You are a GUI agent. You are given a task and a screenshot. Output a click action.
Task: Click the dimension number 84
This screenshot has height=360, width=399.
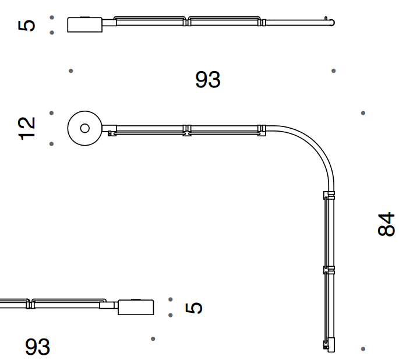(386, 224)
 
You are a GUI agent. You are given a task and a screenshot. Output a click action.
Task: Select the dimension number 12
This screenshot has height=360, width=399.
(27, 128)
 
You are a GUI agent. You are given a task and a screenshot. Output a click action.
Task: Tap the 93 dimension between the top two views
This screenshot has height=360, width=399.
(208, 80)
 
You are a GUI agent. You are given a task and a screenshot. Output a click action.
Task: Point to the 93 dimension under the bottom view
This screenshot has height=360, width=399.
(38, 347)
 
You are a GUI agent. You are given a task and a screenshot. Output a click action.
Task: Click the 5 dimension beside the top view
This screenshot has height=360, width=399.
(27, 25)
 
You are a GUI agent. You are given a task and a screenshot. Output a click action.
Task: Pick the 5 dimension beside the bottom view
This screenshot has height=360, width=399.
(195, 308)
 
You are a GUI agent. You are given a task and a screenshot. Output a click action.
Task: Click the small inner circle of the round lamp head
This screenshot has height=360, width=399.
(84, 128)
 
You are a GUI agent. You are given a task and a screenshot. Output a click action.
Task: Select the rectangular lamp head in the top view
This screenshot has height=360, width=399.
(85, 24)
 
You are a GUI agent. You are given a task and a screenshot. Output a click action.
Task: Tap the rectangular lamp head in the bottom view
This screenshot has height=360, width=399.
(136, 307)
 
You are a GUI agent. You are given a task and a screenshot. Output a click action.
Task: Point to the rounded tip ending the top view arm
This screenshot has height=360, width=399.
(332, 23)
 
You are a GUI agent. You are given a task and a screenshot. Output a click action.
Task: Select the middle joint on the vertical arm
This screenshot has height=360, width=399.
(330, 270)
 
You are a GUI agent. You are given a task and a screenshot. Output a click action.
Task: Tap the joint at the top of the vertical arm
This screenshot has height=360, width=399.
(330, 195)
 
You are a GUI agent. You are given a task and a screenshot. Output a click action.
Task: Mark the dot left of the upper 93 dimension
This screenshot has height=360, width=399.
(71, 71)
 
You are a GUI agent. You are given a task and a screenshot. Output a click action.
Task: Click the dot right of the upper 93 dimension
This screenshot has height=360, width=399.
(334, 71)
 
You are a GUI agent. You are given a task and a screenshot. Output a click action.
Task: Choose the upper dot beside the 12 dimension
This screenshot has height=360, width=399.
(52, 113)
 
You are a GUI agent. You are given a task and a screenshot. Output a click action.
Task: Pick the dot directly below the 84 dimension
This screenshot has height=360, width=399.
(363, 349)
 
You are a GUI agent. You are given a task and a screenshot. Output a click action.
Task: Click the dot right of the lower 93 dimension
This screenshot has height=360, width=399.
(153, 338)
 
